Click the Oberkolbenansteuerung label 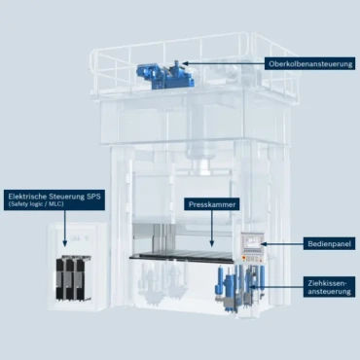310,63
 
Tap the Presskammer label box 212,204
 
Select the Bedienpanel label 329,243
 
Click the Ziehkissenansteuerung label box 329,287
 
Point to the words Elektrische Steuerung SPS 54,197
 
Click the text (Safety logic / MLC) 36,204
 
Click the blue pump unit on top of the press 165,75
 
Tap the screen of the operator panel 252,242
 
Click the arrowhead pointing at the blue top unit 185,63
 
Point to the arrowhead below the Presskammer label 212,244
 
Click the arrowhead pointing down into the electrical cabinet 64,243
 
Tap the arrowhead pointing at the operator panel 264,243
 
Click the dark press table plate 182,256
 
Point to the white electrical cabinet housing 78,267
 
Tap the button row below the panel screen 252,259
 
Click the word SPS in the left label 93,197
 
